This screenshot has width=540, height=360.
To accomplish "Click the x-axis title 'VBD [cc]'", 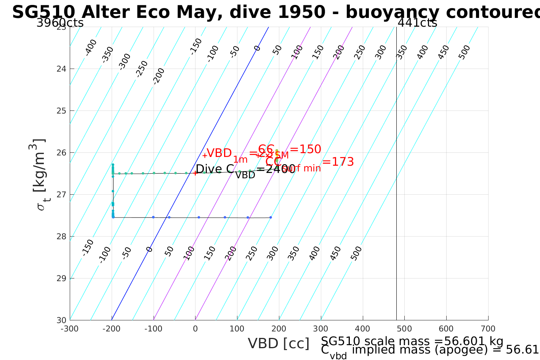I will (x=279, y=344).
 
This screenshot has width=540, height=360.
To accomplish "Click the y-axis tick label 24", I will (x=61, y=69).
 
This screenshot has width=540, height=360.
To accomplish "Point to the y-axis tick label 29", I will (x=61, y=278).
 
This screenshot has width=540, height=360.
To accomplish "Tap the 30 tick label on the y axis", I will (x=61, y=320).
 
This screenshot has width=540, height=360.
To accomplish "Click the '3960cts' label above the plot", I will (x=60, y=23).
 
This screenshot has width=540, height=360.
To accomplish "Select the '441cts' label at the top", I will (x=417, y=23).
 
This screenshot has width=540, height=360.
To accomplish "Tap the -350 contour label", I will (x=108, y=54).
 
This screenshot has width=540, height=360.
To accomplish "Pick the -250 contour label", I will (x=142, y=69).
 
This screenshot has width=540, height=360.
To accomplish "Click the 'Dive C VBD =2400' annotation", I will (x=245, y=170).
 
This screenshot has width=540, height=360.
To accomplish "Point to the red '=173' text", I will (x=338, y=162).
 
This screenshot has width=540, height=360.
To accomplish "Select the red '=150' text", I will (x=305, y=149).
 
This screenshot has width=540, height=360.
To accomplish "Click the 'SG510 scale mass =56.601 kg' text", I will (x=412, y=341).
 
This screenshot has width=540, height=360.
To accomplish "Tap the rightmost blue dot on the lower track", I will (x=271, y=218).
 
